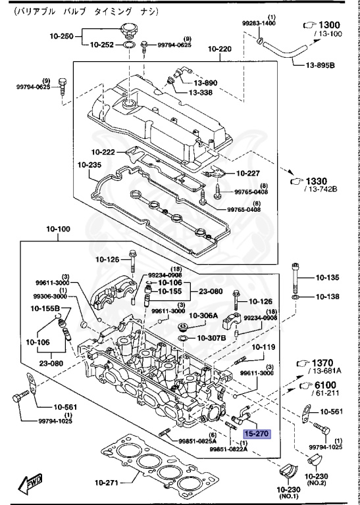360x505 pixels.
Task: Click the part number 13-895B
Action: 320,66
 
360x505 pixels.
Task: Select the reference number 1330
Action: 322,180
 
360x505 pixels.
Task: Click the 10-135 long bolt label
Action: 327,277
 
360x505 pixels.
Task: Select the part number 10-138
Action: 327,297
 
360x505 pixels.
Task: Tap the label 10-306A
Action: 203,316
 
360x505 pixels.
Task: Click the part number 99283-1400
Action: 259,23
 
